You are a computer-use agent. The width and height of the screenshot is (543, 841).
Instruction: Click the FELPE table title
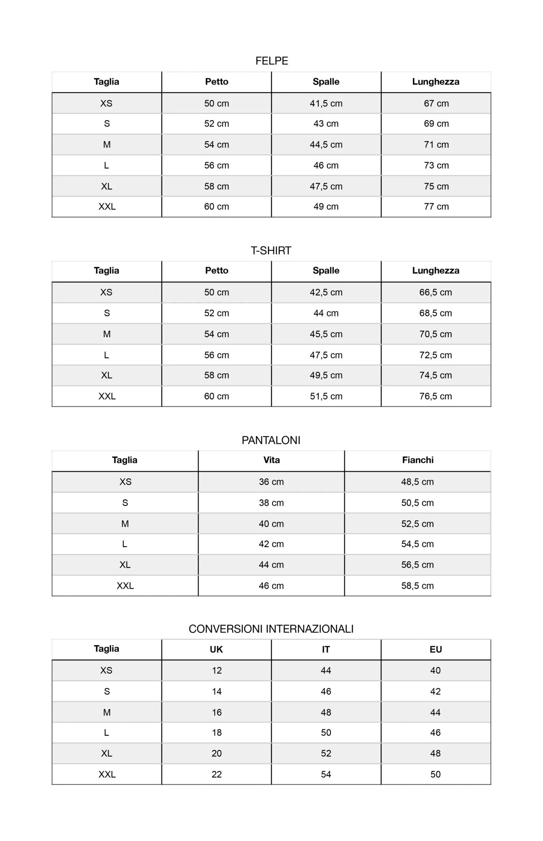(x=271, y=61)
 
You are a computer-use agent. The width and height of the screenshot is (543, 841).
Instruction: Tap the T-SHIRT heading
(x=271, y=250)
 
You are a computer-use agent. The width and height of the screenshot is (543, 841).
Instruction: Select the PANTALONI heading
(x=271, y=440)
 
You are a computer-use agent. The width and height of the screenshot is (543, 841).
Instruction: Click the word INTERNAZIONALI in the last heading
(x=309, y=629)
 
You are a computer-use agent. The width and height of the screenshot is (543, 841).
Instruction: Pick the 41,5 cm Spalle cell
(x=326, y=103)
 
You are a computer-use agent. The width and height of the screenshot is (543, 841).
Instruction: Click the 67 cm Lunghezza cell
(x=436, y=103)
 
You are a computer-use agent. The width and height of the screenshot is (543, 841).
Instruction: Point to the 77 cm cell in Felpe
(x=436, y=206)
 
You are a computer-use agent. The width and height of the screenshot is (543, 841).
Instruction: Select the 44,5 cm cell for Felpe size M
(x=326, y=144)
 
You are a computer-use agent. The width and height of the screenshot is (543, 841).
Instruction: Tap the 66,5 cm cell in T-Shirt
(x=436, y=292)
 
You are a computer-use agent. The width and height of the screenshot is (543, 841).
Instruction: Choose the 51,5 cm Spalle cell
(x=326, y=396)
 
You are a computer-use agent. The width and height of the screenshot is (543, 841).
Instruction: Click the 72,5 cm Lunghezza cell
(x=436, y=355)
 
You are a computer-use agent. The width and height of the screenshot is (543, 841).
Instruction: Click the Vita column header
(x=271, y=460)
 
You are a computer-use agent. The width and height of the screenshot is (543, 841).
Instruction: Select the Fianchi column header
(x=418, y=460)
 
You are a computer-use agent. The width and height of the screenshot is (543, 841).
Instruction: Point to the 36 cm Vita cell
(x=271, y=482)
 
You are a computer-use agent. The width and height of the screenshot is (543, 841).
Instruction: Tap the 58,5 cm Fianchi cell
(x=417, y=586)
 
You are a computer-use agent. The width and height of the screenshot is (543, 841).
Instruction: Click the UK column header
(x=216, y=649)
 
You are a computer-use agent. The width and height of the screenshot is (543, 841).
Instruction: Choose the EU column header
(x=436, y=649)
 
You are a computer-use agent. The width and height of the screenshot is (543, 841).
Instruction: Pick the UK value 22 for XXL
(x=216, y=774)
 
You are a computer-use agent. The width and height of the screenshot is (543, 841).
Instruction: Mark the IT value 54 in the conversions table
(x=326, y=774)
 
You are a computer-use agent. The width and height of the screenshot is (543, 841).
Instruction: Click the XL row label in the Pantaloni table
(x=125, y=565)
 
